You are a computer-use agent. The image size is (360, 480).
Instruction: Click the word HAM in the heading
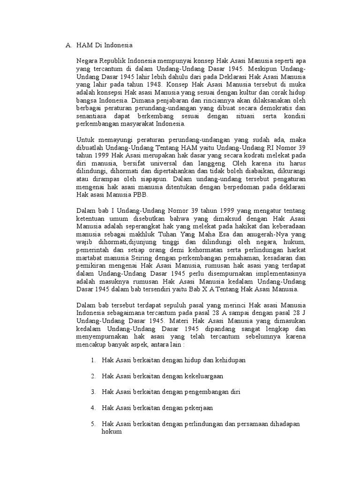84,45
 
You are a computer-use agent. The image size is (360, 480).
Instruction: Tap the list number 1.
93,360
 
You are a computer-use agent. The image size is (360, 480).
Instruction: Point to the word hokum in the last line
112,432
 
